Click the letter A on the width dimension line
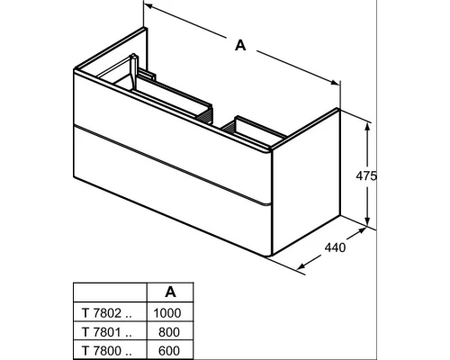240,45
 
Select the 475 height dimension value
366,175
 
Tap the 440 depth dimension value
335,247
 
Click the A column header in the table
170,292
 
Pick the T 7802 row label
107,313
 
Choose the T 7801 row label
107,332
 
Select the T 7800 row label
107,350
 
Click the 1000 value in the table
167,313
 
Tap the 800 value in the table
169,332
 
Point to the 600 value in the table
169,350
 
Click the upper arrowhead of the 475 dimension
367,127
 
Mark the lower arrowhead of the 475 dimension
367,220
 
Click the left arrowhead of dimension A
149,6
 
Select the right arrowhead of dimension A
335,82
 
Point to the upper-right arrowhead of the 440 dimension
361,230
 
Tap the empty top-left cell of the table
110,292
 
